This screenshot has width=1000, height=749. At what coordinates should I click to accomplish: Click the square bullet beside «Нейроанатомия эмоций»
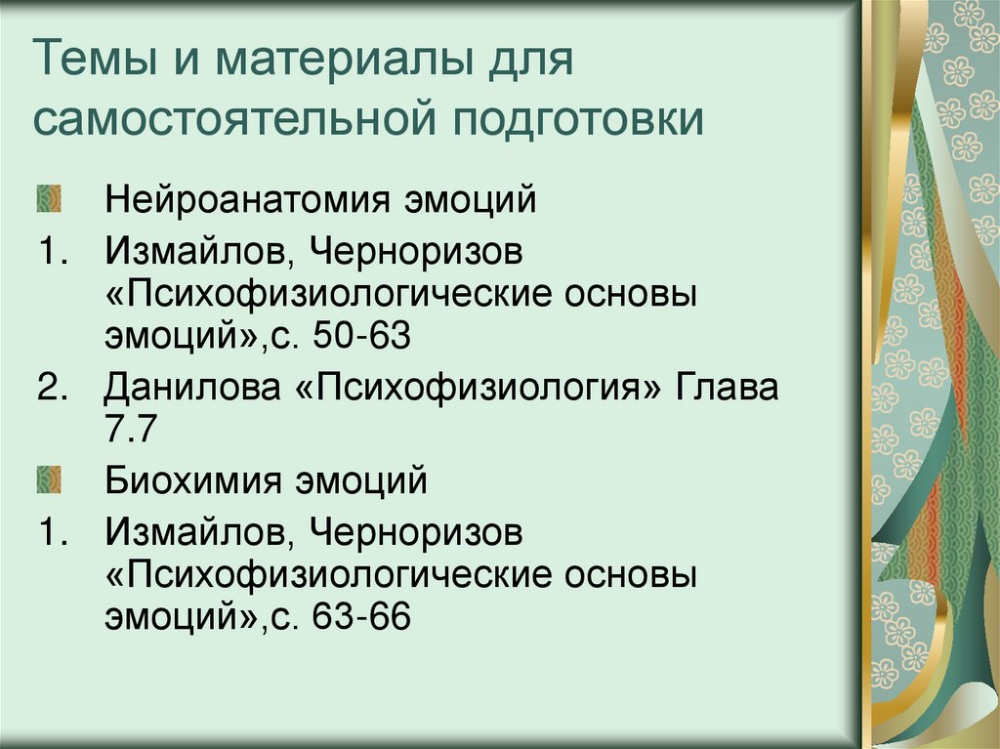coord(50,199)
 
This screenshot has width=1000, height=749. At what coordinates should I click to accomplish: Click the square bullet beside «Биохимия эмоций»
coord(50,480)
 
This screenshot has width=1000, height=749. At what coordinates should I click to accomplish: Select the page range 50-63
coord(362,338)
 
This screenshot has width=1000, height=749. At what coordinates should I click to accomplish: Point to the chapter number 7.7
coord(132,431)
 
